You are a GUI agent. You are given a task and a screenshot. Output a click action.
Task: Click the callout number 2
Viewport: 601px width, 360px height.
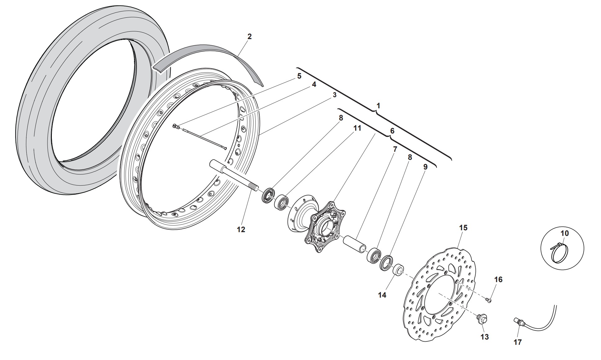[x=249, y=36]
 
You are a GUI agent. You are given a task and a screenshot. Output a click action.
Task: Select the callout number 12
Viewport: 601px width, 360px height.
[x=241, y=229]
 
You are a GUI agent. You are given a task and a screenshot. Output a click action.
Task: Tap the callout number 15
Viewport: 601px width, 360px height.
[x=463, y=228]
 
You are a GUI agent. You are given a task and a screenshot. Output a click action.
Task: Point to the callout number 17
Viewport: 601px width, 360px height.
[x=518, y=342]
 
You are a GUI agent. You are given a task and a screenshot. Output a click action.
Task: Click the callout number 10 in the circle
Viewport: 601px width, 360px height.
[x=565, y=233]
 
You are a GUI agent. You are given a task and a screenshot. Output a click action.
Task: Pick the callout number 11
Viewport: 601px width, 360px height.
[x=357, y=128]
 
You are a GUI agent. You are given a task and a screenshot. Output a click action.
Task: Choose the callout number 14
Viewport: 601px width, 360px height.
[x=382, y=295]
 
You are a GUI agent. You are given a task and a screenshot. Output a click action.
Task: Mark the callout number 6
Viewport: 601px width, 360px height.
[x=392, y=131]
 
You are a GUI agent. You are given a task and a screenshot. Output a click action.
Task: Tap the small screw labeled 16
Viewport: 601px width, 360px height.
[x=489, y=300]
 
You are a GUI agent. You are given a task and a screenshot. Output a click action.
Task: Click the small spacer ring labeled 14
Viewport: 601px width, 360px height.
[x=398, y=270]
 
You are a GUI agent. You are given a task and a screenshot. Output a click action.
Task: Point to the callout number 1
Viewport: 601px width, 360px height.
[x=378, y=106]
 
